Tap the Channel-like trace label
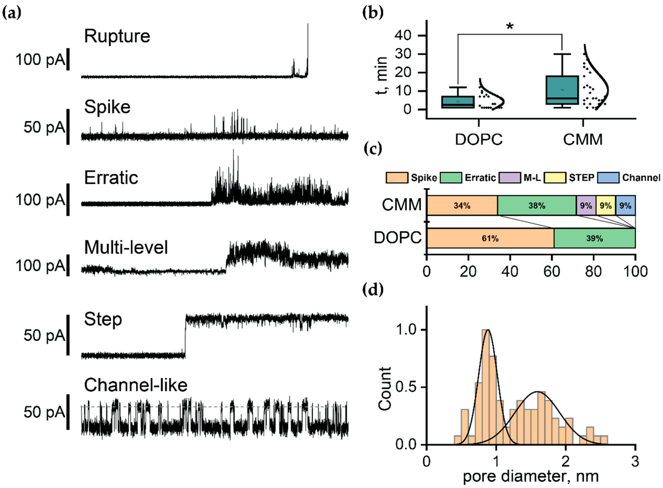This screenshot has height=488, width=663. [136, 385]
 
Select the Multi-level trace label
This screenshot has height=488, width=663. [126, 247]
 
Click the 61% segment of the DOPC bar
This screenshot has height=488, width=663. [490, 238]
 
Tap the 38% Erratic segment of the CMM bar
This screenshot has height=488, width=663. [537, 206]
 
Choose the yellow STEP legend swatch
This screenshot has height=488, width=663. [555, 178]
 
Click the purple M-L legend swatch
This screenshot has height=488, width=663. [509, 178]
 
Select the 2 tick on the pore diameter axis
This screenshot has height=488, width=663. [565, 461]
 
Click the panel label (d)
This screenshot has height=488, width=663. [373, 290]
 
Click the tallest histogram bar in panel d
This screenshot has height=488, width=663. [485, 387]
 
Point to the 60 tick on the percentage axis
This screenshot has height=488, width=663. [551, 271]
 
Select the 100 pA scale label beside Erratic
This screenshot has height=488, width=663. [40, 200]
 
